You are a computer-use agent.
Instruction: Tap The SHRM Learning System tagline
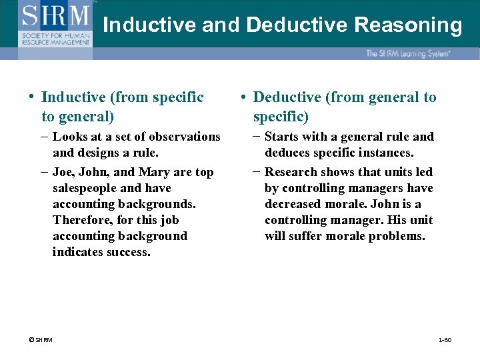click(408, 53)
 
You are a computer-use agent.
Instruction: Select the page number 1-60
click(445, 340)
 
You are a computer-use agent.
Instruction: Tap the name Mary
click(153, 172)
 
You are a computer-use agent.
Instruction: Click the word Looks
click(71, 137)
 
